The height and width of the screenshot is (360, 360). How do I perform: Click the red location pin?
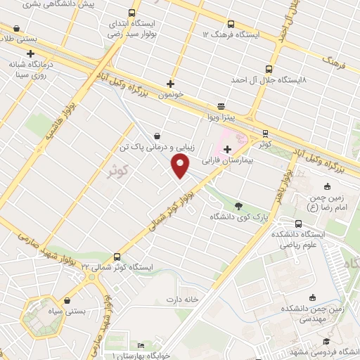coord(181,166)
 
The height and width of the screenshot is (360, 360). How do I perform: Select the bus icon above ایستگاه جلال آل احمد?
coord(269,69)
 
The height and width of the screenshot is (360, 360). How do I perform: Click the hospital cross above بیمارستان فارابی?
coord(227,148)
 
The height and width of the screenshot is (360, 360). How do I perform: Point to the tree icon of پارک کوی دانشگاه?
coord(238,206)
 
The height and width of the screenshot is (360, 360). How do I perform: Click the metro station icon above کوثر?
coord(264,132)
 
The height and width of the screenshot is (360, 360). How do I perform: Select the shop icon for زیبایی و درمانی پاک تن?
coord(156,135)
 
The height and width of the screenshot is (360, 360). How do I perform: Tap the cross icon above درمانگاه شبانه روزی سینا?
coord(30,53)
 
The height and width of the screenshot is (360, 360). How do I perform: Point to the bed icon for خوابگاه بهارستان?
coord(141,346)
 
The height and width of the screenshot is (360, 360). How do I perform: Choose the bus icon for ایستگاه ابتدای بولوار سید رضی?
coord(132,13)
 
